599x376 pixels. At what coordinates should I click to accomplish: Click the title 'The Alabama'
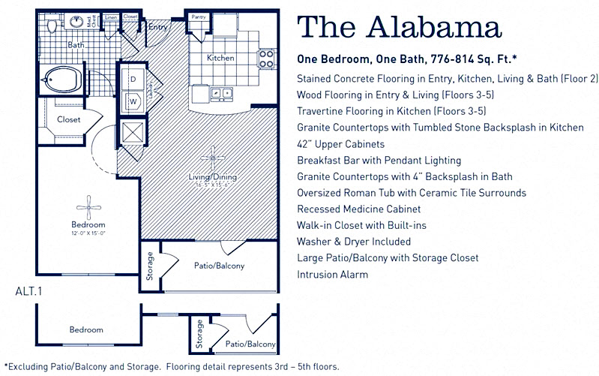click(399, 28)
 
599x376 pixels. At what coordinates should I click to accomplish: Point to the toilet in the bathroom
click(52, 26)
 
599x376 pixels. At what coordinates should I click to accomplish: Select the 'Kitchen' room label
click(220, 58)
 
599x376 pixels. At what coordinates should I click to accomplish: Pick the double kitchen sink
click(221, 94)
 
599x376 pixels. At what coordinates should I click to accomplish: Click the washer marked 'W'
click(133, 99)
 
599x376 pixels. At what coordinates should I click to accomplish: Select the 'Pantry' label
click(199, 16)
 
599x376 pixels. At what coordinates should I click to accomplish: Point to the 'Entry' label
click(158, 28)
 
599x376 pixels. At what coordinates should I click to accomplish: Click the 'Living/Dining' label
click(212, 177)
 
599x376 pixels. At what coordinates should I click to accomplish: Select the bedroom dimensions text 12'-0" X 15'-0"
click(88, 233)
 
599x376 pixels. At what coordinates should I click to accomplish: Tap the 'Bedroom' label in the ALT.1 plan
click(86, 329)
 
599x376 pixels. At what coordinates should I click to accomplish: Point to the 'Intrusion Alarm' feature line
click(332, 275)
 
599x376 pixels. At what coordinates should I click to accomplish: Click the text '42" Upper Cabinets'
click(341, 144)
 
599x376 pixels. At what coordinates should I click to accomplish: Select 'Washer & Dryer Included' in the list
click(354, 242)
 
